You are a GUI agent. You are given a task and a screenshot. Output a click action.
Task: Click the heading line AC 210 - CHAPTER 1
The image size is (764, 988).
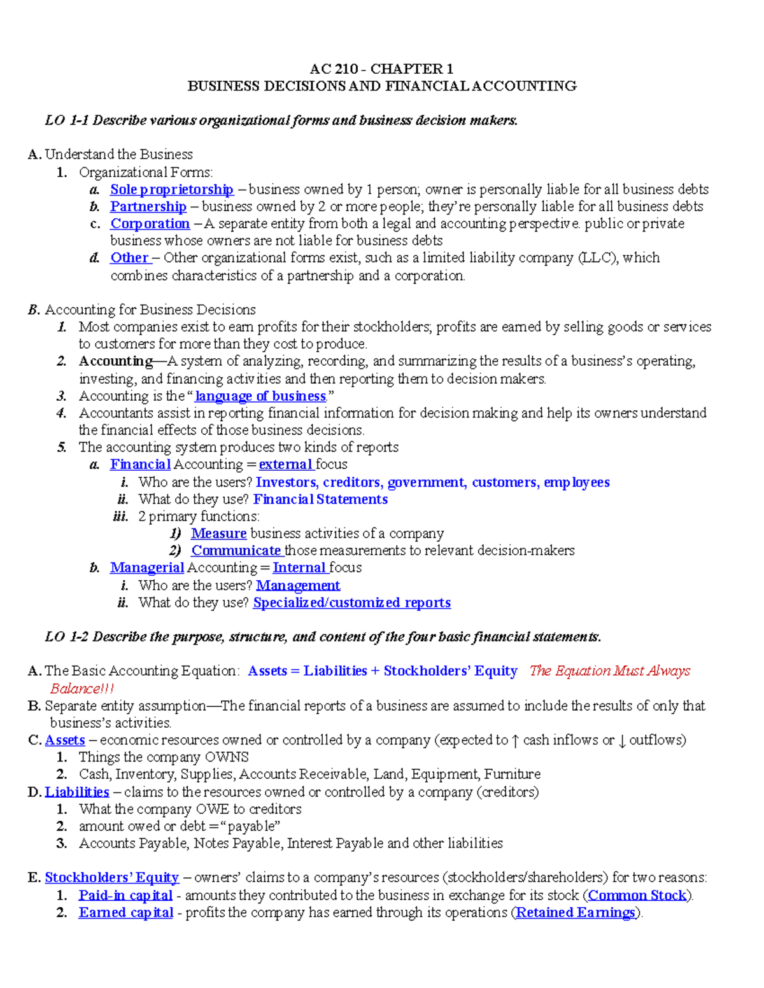click(381, 69)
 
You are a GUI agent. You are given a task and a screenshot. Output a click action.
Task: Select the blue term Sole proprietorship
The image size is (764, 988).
click(172, 190)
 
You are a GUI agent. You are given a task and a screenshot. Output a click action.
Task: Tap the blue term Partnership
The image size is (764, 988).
click(148, 207)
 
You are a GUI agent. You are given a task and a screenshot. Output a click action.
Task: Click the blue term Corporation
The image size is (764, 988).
click(150, 224)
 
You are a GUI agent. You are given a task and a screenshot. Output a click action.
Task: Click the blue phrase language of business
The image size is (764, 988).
click(260, 396)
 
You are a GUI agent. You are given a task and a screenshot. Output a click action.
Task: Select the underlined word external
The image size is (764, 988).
click(285, 464)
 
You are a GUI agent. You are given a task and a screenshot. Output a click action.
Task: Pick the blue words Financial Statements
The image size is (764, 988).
click(320, 499)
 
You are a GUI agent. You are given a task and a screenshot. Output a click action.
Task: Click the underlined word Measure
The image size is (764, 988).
click(218, 534)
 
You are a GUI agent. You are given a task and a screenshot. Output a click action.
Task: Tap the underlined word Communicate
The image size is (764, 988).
click(236, 551)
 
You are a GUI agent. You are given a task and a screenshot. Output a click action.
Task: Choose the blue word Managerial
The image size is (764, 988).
click(147, 568)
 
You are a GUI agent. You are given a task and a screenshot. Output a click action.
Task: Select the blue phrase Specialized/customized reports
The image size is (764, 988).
click(351, 603)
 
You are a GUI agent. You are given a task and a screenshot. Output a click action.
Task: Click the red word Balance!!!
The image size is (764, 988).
click(82, 689)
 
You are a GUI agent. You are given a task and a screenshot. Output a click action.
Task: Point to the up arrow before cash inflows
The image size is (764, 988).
click(515, 741)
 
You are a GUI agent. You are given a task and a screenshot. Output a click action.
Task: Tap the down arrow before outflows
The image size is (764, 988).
click(622, 741)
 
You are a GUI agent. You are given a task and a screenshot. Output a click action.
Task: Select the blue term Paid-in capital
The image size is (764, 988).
click(125, 896)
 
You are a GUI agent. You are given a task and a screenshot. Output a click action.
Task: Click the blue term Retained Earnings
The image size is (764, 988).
click(576, 913)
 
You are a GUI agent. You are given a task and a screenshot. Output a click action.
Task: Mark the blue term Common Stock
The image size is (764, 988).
click(637, 896)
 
